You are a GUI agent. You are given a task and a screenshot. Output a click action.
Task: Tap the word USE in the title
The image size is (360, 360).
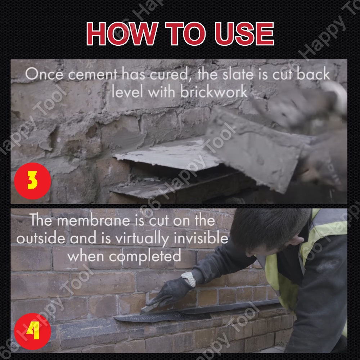click(x=244, y=34)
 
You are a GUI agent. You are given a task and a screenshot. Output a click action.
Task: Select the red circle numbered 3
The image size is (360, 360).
click(x=32, y=181)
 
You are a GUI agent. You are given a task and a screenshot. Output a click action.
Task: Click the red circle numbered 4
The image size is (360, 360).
click(x=32, y=331)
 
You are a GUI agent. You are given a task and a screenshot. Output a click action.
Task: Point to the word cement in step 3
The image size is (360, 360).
click(x=93, y=75)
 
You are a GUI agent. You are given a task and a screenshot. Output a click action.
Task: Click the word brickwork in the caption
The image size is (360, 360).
click(x=214, y=92)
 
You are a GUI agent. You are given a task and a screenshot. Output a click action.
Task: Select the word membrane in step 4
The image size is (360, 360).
click(x=94, y=220)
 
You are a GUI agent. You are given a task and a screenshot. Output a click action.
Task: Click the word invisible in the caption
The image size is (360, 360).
click(x=201, y=238)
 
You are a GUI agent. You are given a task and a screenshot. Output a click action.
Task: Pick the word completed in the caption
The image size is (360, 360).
click(x=145, y=257)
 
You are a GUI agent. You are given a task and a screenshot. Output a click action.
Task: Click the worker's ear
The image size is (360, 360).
click(x=296, y=240)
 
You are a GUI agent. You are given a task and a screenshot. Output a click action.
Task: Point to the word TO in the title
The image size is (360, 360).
click(x=185, y=34)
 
